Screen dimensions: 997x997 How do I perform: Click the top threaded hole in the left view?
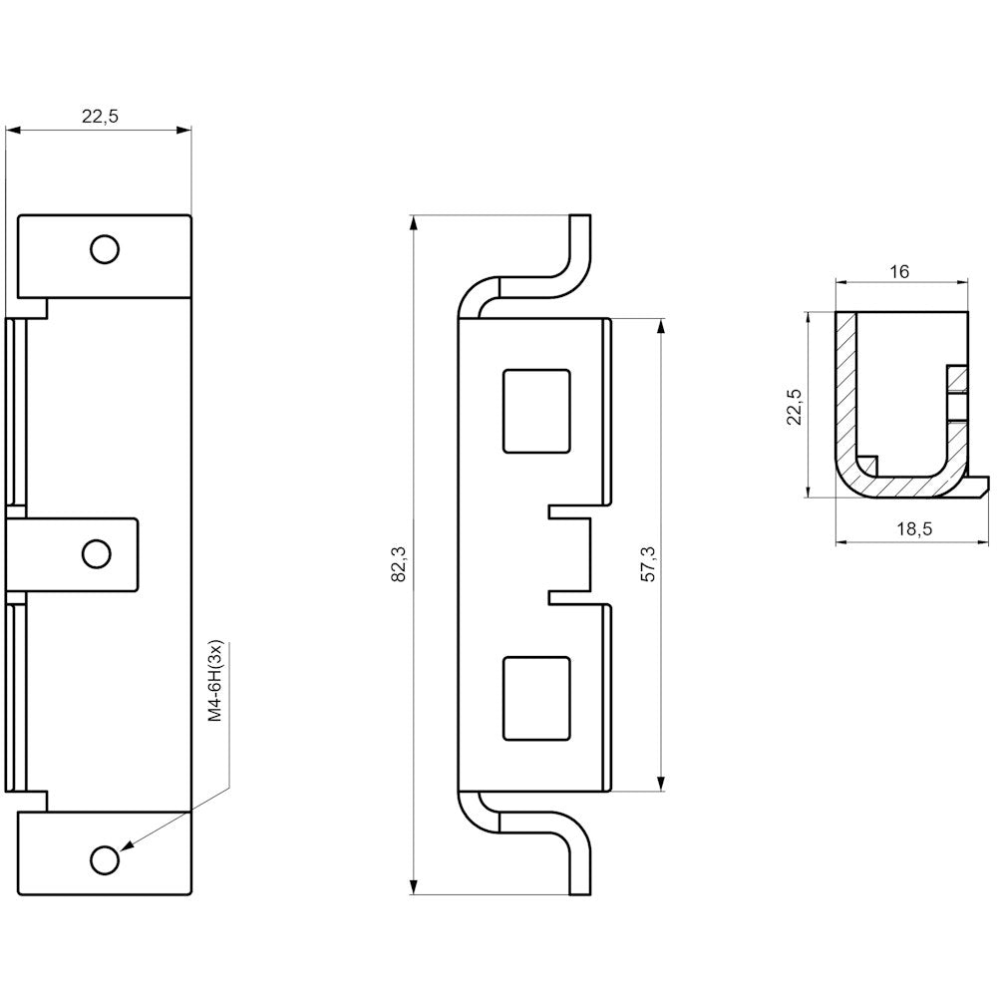click(x=105, y=248)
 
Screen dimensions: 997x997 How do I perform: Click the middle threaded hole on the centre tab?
click(x=97, y=553)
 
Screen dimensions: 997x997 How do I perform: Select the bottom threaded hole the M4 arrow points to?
click(x=105, y=860)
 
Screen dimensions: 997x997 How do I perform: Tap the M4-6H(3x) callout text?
click(x=217, y=680)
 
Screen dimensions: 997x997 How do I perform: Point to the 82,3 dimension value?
click(x=400, y=564)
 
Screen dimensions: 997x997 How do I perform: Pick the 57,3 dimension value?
click(x=648, y=563)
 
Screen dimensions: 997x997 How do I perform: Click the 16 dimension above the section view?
click(x=899, y=271)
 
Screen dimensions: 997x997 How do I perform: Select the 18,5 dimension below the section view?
click(x=913, y=529)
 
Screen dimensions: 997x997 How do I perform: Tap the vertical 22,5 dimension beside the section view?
click(x=795, y=407)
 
